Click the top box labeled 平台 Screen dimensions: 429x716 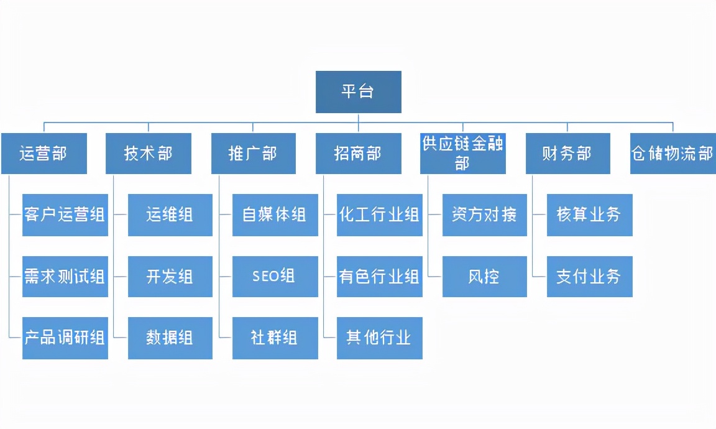tap(358, 92)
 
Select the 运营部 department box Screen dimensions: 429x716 tap(44, 153)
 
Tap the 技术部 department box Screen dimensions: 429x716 tap(148, 153)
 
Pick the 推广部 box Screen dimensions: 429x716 tap(253, 153)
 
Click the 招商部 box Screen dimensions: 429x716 tap(358, 153)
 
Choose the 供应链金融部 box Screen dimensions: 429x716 tap(462, 153)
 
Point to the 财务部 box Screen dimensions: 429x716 tap(567, 153)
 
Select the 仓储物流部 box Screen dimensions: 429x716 tap(672, 153)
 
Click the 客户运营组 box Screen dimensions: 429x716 tap(65, 215)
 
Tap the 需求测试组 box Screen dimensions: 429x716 tap(65, 277)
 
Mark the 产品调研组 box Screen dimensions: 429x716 tap(65, 338)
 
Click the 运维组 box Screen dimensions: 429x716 tap(170, 215)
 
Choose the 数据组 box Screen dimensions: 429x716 tap(170, 338)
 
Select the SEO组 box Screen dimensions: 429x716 tap(275, 277)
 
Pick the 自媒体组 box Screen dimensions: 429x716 tap(275, 215)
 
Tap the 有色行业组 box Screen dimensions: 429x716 tap(379, 277)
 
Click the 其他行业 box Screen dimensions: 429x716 tap(379, 338)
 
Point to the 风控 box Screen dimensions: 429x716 tap(484, 277)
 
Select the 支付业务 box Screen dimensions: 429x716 tap(589, 277)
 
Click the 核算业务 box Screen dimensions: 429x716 tap(589, 215)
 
